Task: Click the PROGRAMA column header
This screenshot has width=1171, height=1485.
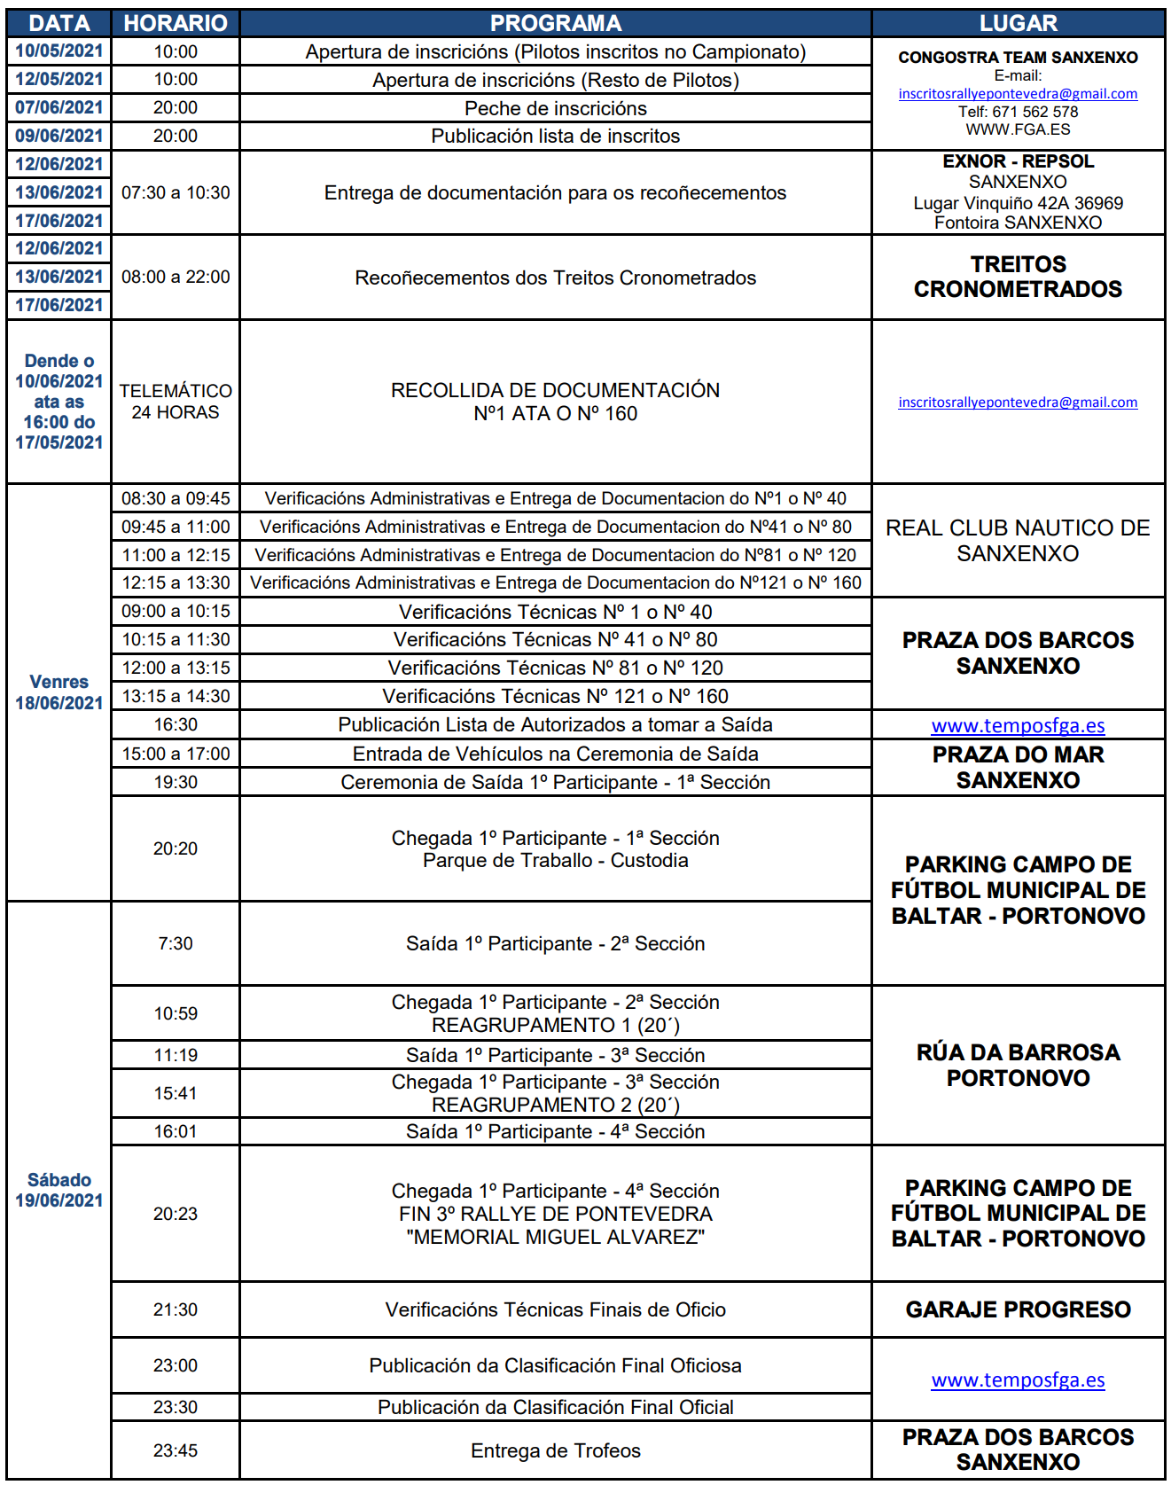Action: click(x=555, y=23)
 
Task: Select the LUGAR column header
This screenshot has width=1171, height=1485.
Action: click(x=1018, y=23)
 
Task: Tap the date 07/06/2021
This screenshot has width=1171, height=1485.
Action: click(x=59, y=107)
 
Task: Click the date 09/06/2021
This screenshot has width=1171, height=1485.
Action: click(x=59, y=136)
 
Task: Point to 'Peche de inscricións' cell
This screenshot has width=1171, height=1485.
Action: click(x=555, y=108)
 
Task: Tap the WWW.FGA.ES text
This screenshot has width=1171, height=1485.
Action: click(x=1018, y=129)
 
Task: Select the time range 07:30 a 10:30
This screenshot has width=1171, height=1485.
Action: click(x=176, y=192)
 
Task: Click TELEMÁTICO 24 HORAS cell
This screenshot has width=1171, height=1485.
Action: click(x=176, y=402)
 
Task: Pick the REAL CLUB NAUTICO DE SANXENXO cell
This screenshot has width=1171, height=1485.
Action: click(x=1018, y=541)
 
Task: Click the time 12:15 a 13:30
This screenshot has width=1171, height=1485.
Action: click(x=176, y=582)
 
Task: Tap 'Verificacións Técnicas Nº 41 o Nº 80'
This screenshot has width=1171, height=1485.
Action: click(x=555, y=639)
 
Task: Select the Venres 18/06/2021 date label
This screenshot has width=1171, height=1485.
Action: click(x=59, y=692)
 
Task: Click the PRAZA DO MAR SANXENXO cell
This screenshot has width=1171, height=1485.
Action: click(x=1018, y=768)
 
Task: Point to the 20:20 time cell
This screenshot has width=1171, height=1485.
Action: click(x=176, y=848)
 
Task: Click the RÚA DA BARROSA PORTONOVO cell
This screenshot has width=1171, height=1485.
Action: click(x=1018, y=1065)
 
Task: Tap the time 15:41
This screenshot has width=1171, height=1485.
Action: click(x=176, y=1093)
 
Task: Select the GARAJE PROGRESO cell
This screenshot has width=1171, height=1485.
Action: click(x=1018, y=1309)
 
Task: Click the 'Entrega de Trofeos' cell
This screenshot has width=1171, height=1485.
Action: click(x=555, y=1450)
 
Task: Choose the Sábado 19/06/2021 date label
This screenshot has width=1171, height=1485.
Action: click(x=59, y=1190)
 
